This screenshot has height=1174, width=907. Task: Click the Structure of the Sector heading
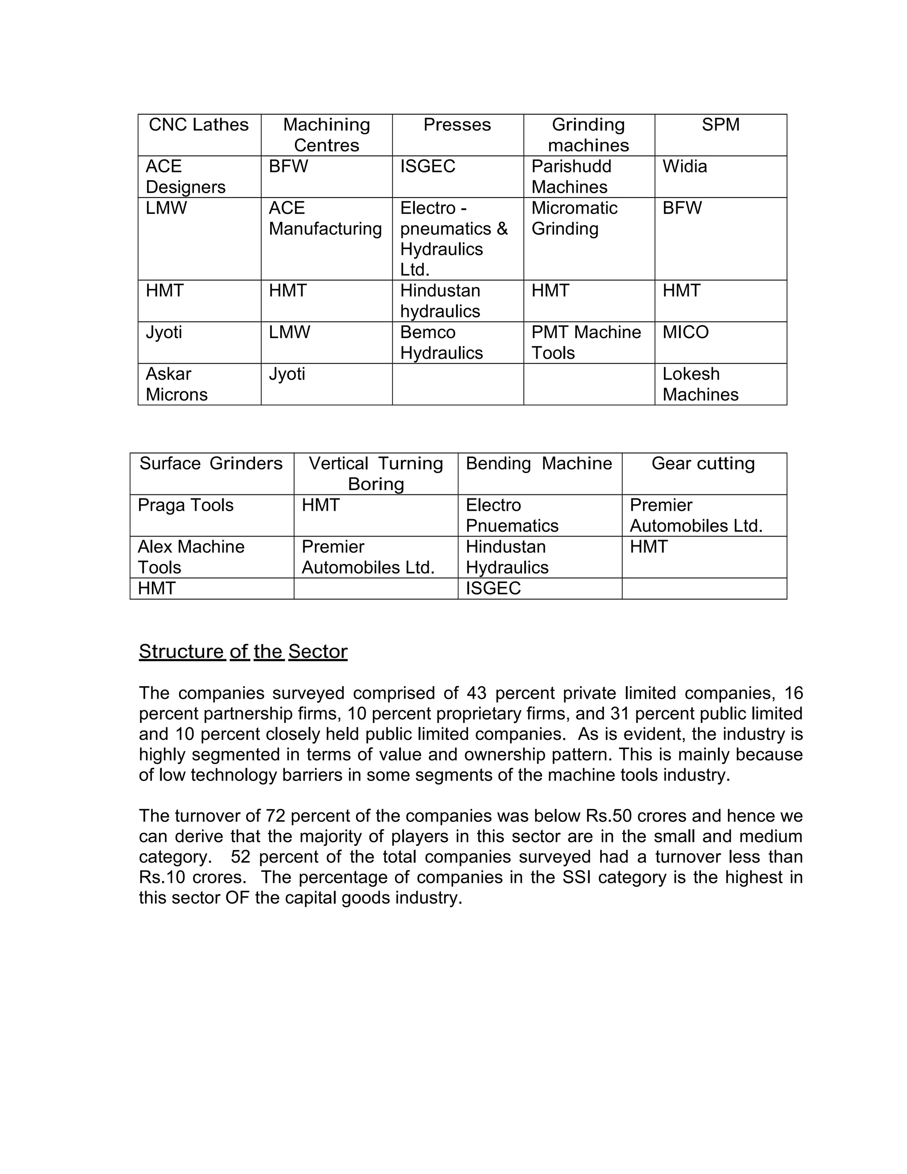coord(243,652)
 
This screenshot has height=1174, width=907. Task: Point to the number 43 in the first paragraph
coord(476,693)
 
